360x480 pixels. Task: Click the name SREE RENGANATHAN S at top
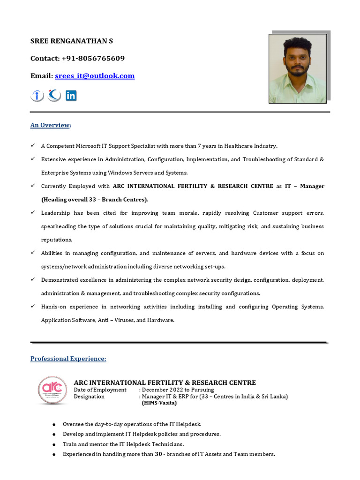click(71, 41)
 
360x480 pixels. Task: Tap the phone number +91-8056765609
click(93, 59)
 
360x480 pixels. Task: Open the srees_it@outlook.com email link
click(95, 76)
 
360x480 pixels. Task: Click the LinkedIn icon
click(71, 96)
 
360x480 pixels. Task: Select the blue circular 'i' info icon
click(37, 96)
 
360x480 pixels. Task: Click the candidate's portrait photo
click(297, 68)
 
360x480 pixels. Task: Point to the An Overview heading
click(50, 125)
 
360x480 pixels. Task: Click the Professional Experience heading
click(68, 359)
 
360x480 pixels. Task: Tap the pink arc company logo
click(52, 390)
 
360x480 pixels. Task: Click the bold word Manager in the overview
click(312, 186)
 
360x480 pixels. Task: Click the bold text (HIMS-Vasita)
click(159, 403)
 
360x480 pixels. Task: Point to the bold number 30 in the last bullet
click(158, 454)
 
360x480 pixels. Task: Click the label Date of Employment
click(100, 390)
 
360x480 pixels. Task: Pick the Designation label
click(89, 397)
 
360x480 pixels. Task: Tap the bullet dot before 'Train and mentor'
click(55, 444)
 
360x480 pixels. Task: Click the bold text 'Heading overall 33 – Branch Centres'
click(94, 200)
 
